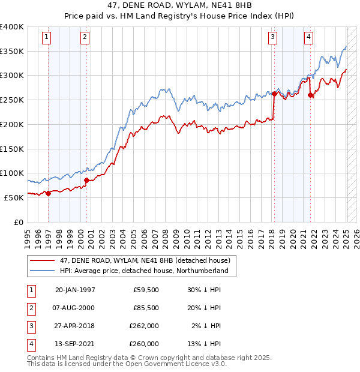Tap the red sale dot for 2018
pyautogui.click(x=274, y=94)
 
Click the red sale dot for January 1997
pyautogui.click(x=48, y=193)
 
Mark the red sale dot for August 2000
pyautogui.click(x=86, y=180)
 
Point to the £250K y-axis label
pyautogui.click(x=12, y=100)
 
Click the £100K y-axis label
pyautogui.click(x=12, y=173)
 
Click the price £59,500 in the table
pyautogui.click(x=146, y=290)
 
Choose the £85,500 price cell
pyautogui.click(x=146, y=308)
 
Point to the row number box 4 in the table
pyautogui.click(x=31, y=344)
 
